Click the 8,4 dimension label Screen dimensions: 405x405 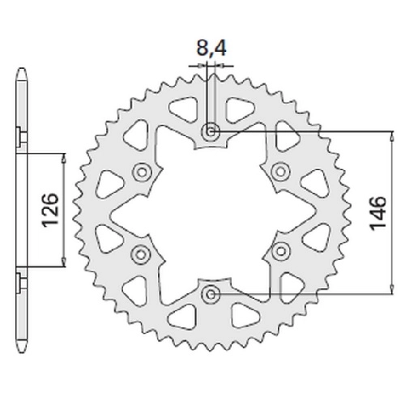[x=211, y=48]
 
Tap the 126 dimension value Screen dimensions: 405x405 [x=50, y=210]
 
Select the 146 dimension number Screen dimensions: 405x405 [x=378, y=213]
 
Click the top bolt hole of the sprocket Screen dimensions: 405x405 [x=211, y=132]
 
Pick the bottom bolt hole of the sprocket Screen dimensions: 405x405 [x=211, y=295]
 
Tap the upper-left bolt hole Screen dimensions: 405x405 [x=142, y=172]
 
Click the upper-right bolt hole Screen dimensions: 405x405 [x=281, y=172]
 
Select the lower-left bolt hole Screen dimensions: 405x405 [x=141, y=254]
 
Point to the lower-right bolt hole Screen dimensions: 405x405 [x=281, y=251]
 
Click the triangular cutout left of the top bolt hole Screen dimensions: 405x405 [x=184, y=109]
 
